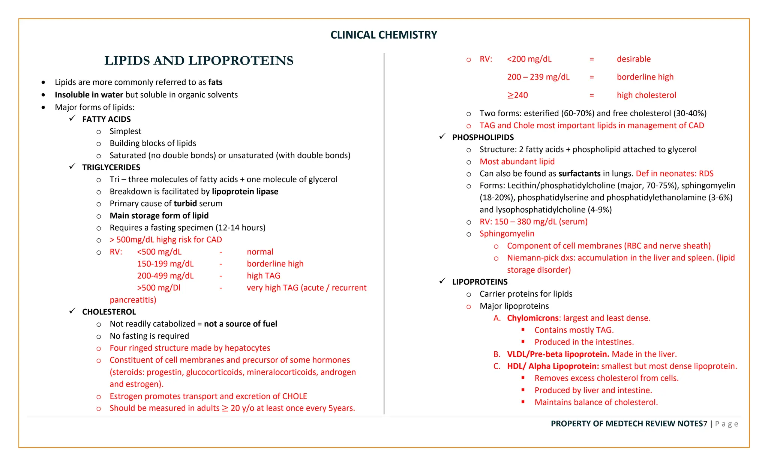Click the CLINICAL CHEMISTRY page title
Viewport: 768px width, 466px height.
point(384,35)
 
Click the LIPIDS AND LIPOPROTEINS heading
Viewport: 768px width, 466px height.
point(199,61)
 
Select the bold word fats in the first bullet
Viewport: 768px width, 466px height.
point(215,82)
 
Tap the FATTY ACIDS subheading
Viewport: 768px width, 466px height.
point(106,119)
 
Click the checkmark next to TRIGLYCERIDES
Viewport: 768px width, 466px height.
point(72,166)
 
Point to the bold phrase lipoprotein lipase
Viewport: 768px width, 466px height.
point(245,192)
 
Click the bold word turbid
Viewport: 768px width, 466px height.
point(185,204)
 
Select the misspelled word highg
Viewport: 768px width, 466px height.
point(165,240)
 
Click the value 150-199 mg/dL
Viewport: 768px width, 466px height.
point(165,264)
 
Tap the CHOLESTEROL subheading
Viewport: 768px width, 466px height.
point(109,312)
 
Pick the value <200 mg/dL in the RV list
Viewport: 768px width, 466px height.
point(529,59)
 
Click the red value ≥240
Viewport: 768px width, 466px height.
point(517,95)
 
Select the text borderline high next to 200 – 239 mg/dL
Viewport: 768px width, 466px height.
point(645,77)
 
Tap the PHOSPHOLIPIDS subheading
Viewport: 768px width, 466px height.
point(483,138)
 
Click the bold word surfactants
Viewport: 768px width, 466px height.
point(579,174)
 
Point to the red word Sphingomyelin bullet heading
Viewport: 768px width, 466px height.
point(507,234)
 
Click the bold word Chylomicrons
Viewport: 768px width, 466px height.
point(532,318)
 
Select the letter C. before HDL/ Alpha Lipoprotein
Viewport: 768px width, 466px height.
point(497,366)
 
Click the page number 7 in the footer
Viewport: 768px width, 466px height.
point(705,424)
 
